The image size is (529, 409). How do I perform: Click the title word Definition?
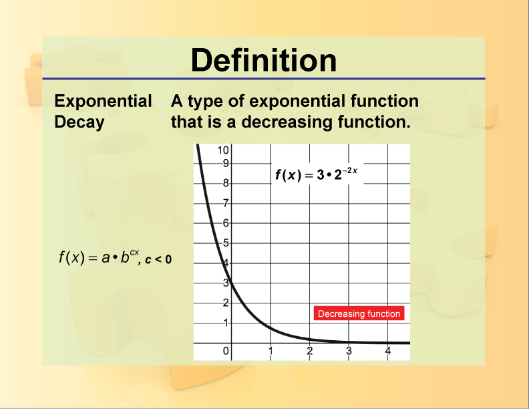(264, 60)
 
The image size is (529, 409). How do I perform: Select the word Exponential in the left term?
(103, 102)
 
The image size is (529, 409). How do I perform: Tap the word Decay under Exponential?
(79, 122)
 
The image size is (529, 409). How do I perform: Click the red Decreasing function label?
(359, 313)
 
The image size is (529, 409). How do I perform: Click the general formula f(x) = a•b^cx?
(99, 257)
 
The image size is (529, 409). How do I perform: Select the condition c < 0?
(158, 260)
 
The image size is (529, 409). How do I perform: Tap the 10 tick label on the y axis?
(224, 150)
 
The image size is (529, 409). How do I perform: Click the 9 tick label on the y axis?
(226, 163)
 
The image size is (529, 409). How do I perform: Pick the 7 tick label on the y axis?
(226, 203)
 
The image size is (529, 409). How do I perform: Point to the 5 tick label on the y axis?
(226, 243)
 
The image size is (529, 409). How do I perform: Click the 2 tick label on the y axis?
(226, 303)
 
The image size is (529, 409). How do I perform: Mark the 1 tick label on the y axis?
(226, 323)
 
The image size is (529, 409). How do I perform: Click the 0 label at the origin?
(226, 351)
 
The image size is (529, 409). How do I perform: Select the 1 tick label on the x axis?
(271, 351)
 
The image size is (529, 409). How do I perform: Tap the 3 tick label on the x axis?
(348, 351)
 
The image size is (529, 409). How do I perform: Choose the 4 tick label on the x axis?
(387, 351)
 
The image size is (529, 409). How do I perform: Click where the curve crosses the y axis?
(232, 283)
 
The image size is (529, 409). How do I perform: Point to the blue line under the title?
(264, 79)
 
